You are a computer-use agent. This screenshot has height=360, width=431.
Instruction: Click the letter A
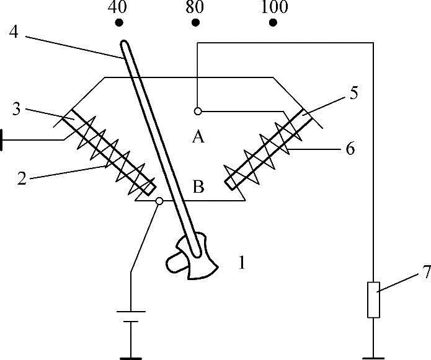click(198, 137)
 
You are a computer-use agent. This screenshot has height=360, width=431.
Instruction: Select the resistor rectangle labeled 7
click(373, 300)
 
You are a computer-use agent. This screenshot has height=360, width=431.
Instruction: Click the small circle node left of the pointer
click(159, 201)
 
